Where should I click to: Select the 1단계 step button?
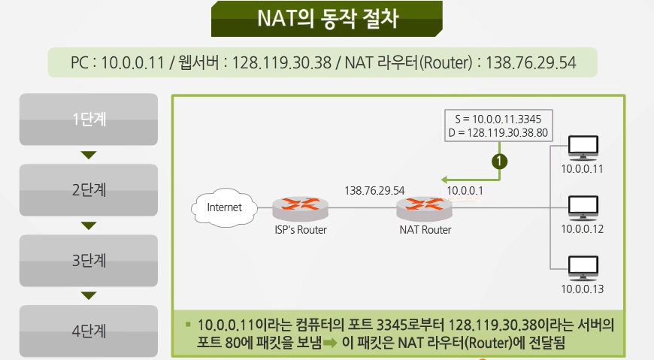(89, 119)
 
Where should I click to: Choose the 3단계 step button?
(89, 260)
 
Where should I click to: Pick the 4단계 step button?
(89, 330)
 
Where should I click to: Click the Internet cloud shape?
(225, 207)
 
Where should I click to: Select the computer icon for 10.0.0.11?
(583, 147)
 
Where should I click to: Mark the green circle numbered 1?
(498, 160)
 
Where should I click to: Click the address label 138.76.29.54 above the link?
(374, 190)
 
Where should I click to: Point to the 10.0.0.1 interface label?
(465, 190)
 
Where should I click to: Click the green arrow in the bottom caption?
(332, 343)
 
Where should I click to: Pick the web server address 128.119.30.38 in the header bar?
(282, 63)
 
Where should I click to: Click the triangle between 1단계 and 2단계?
(89, 155)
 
